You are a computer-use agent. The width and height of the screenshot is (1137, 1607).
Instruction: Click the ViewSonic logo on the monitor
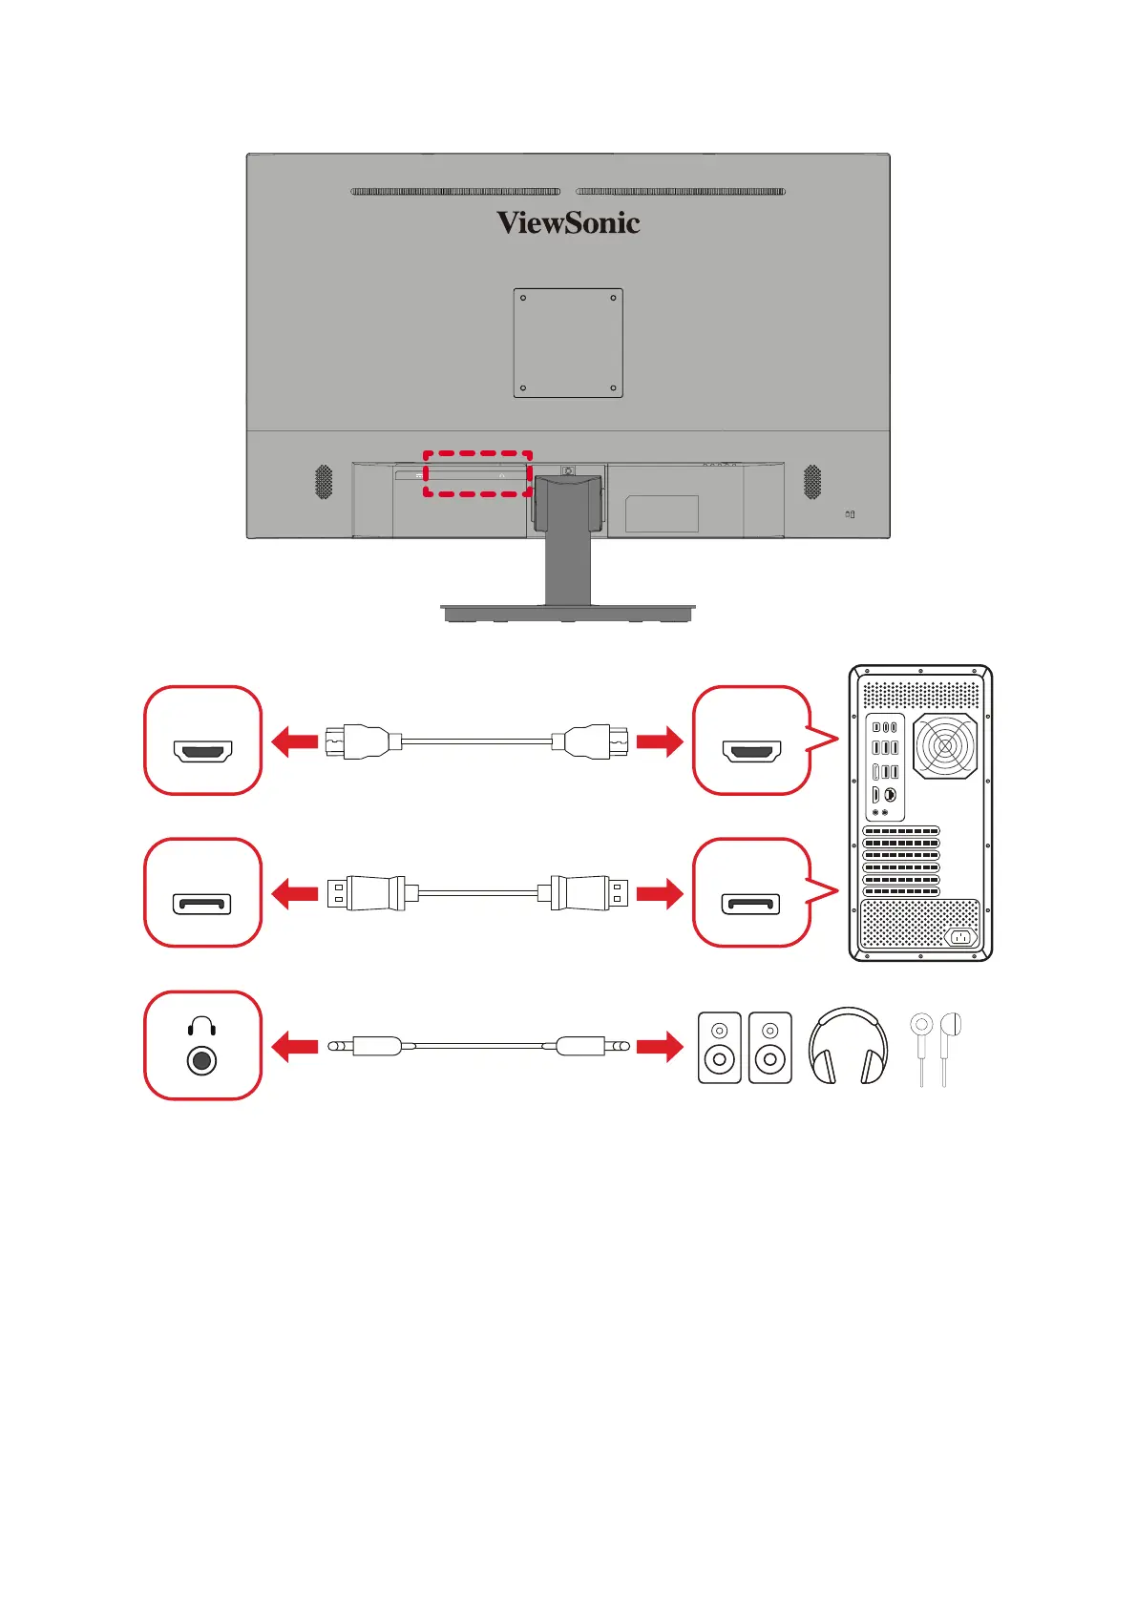(568, 223)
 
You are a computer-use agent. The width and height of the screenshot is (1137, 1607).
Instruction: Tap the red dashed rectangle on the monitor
(477, 473)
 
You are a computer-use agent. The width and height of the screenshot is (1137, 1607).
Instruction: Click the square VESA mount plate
(568, 343)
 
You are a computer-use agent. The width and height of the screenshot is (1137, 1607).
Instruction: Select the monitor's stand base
(568, 612)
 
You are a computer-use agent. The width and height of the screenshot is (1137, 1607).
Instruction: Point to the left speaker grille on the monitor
(324, 482)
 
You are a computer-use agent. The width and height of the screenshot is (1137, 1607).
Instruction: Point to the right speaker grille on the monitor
(812, 482)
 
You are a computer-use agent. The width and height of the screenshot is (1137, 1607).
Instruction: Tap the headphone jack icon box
(202, 1046)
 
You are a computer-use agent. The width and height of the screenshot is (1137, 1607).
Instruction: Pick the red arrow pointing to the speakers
(660, 1047)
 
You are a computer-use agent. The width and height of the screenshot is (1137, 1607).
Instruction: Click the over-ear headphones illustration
(848, 1047)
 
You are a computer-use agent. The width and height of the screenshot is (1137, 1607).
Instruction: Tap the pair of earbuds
(936, 1047)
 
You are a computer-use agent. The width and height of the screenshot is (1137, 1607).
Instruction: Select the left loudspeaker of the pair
(720, 1047)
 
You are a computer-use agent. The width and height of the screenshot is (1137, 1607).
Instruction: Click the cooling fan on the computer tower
(945, 745)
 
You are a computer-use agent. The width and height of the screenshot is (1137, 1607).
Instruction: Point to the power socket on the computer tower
(960, 936)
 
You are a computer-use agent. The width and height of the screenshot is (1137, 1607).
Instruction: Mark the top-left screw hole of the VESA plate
(523, 298)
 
